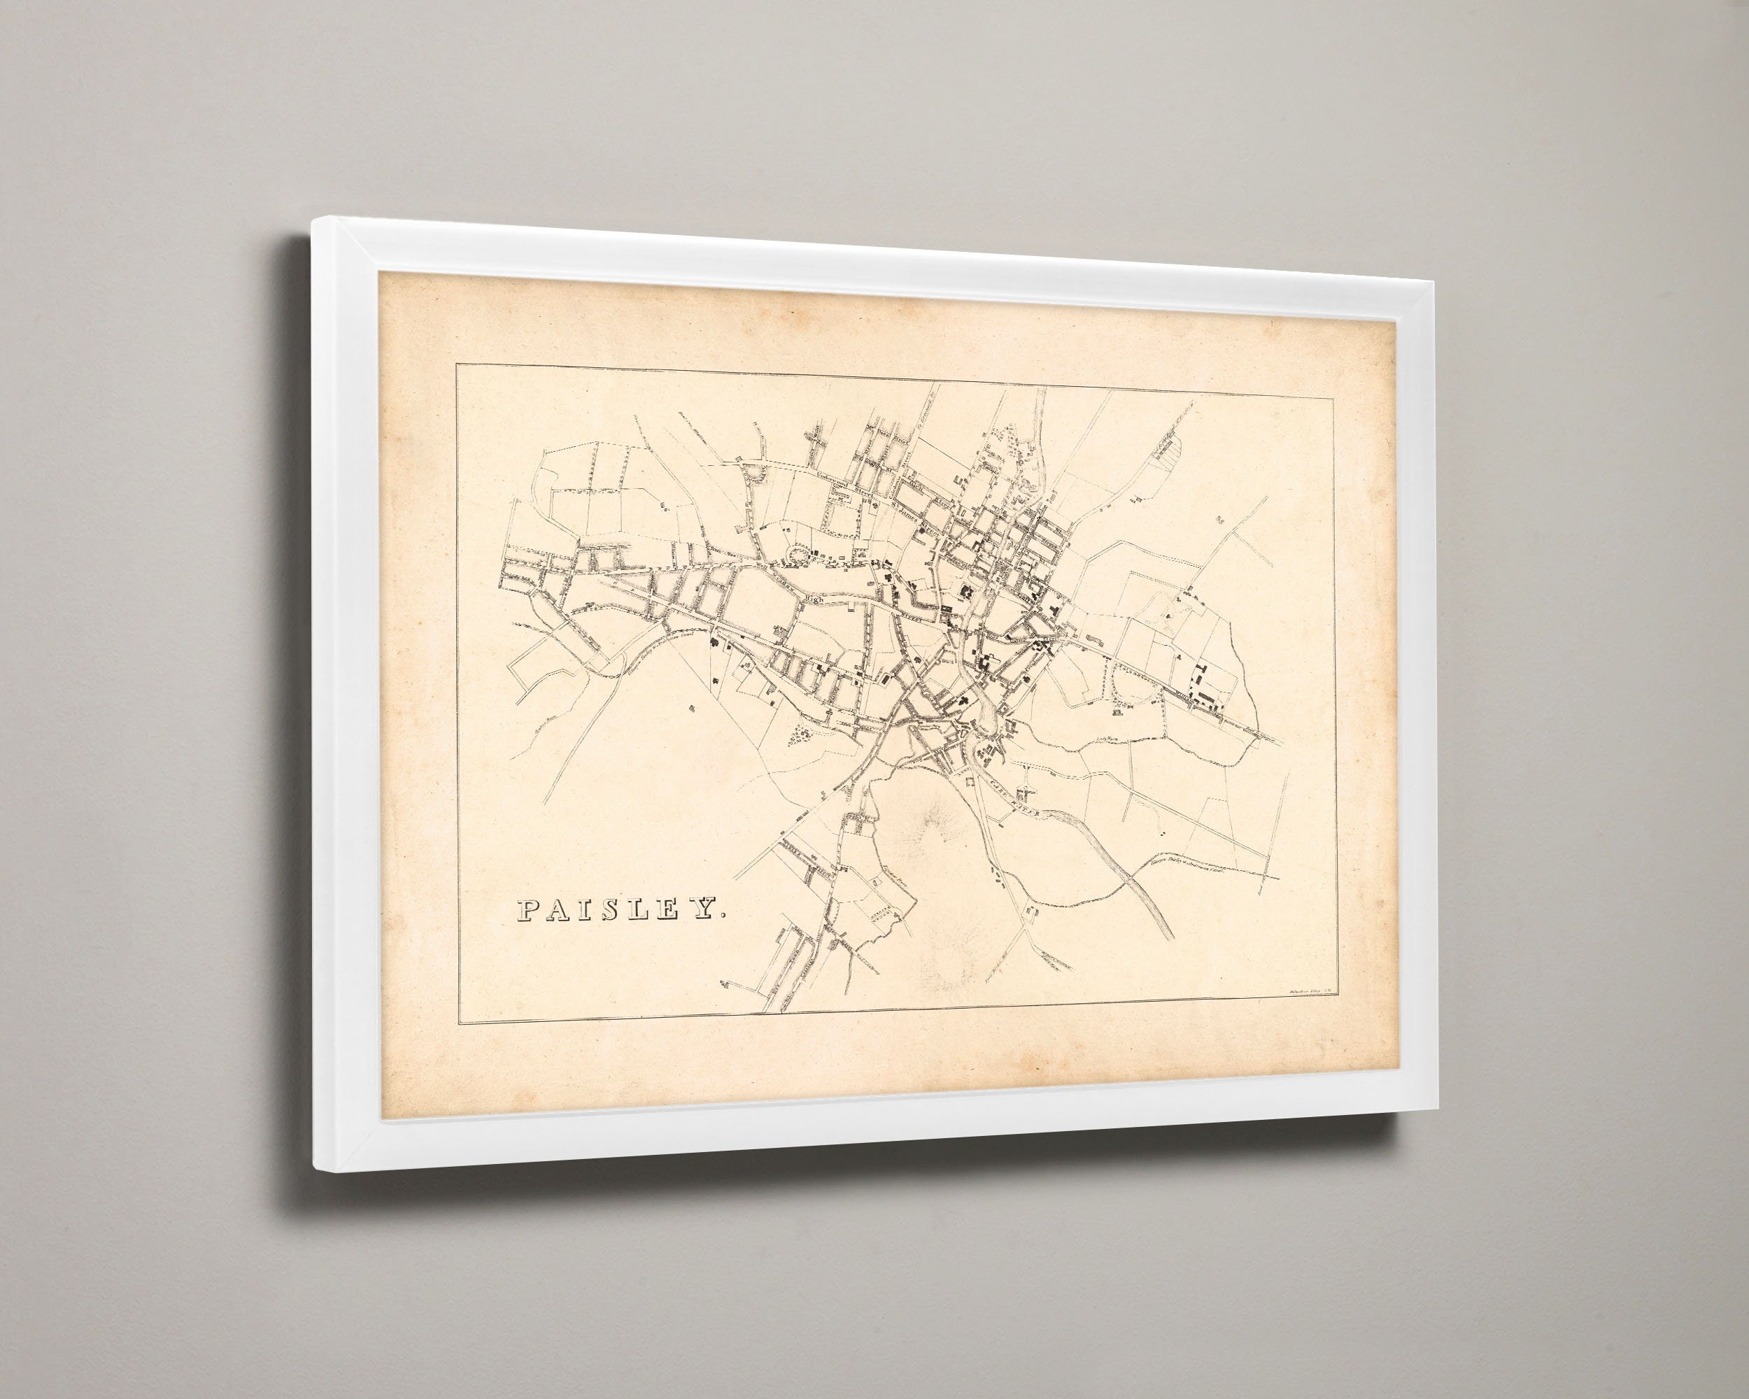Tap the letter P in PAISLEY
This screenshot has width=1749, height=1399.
pos(529,910)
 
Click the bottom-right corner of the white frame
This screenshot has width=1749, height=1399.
pos(1436,1109)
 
